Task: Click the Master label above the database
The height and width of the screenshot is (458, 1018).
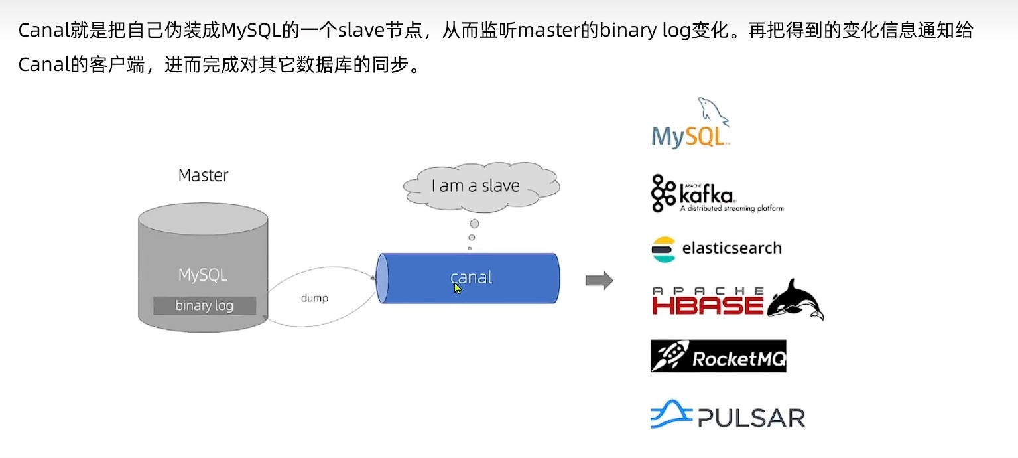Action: (x=203, y=175)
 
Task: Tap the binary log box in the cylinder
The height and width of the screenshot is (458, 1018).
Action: (x=204, y=305)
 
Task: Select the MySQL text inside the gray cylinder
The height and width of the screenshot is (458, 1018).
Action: (x=203, y=275)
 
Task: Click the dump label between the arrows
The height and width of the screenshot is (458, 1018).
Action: (x=314, y=298)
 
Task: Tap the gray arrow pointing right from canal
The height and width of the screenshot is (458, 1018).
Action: (x=599, y=281)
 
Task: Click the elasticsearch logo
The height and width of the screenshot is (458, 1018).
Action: (x=716, y=249)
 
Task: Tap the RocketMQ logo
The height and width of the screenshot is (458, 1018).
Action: (x=718, y=356)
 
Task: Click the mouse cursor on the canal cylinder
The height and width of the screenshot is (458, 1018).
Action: (x=458, y=289)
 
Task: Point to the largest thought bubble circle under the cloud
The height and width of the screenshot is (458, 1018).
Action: (x=474, y=224)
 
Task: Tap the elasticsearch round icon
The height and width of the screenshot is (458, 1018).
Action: (x=664, y=249)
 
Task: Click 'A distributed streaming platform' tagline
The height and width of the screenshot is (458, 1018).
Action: (x=732, y=208)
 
